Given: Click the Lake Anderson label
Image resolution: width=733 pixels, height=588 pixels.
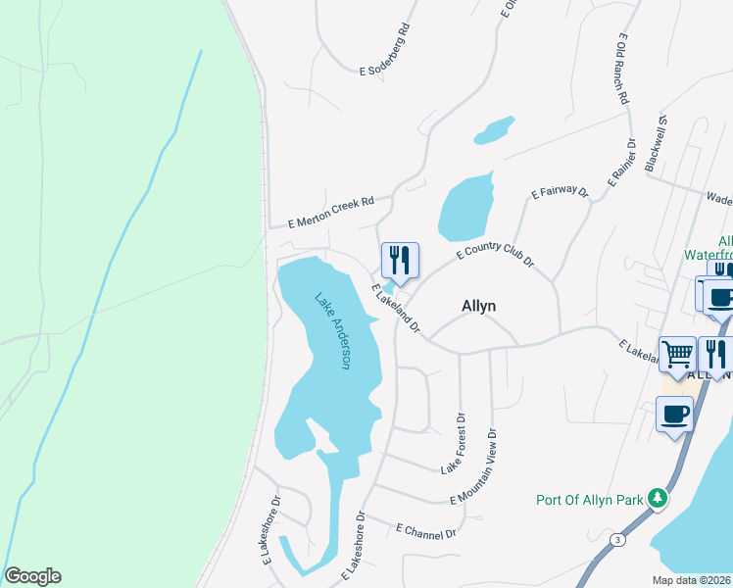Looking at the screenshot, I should pyautogui.click(x=332, y=330).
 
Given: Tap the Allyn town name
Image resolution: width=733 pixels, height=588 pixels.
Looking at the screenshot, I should pyautogui.click(x=478, y=306).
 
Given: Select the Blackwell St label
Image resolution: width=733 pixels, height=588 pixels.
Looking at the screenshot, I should pyautogui.click(x=656, y=144).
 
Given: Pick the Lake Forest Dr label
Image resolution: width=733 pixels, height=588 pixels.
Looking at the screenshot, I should pyautogui.click(x=453, y=444).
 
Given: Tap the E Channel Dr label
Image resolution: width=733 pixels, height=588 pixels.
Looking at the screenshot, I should pyautogui.click(x=426, y=531).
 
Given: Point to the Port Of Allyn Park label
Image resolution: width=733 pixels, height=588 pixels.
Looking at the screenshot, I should pyautogui.click(x=589, y=500).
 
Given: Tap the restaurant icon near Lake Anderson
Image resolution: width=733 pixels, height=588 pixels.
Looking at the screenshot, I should pyautogui.click(x=400, y=260).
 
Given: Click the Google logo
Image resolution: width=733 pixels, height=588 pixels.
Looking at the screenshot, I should pyautogui.click(x=32, y=576).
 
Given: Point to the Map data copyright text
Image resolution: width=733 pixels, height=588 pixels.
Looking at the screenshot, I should pyautogui.click(x=691, y=580).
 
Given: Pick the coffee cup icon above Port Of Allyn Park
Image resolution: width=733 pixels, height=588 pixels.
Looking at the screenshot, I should pyautogui.click(x=674, y=414).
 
